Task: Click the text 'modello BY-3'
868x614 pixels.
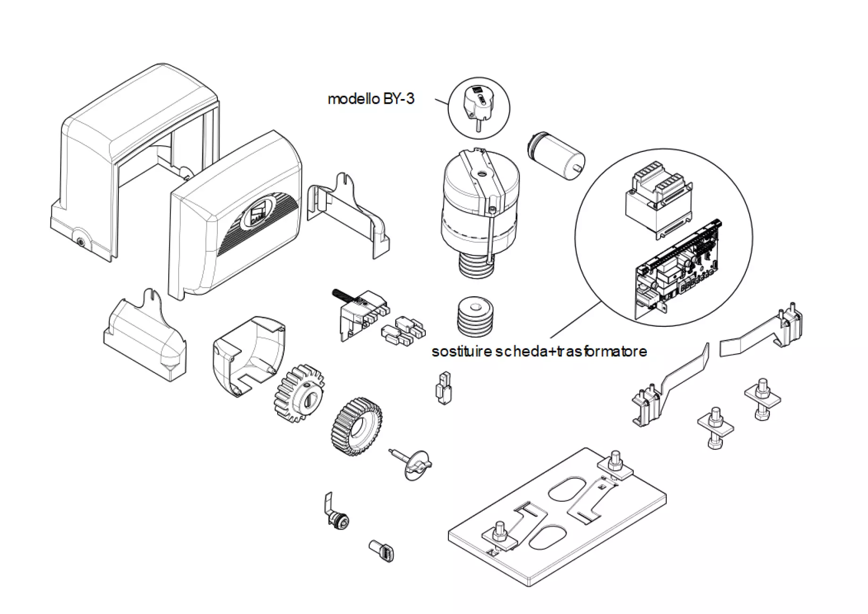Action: coord(371,99)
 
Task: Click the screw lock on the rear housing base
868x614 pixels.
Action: coord(81,243)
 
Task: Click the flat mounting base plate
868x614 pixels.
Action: coord(556,519)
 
